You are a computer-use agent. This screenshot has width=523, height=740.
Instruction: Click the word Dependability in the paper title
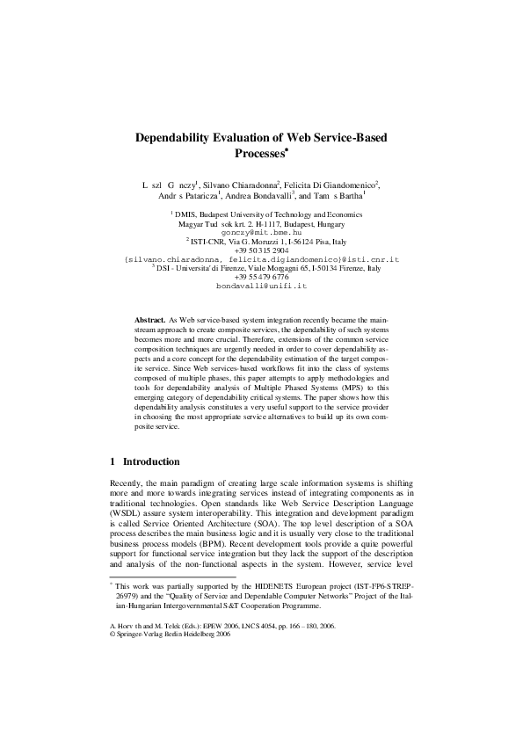[x=175, y=138]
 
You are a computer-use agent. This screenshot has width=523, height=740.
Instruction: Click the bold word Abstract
[x=149, y=323]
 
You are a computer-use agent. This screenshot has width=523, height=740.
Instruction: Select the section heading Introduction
[x=151, y=461]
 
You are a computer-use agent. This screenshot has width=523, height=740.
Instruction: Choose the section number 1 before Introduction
[x=113, y=461]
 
